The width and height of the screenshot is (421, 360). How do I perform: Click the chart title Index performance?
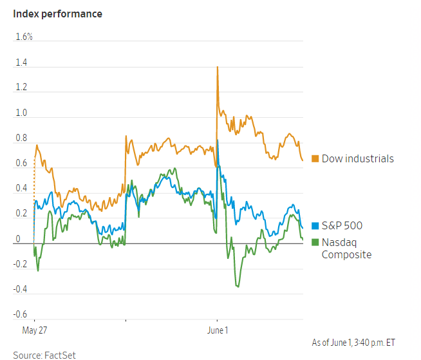[x=57, y=14]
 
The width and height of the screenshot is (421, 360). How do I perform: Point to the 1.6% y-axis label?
[x=24, y=37]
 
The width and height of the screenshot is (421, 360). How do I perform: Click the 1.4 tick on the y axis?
[x=22, y=62]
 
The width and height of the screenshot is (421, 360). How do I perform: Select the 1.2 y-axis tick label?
[x=22, y=88]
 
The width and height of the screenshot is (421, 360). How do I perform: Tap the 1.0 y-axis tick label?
[x=22, y=113]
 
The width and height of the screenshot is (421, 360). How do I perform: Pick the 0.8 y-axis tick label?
[x=22, y=138]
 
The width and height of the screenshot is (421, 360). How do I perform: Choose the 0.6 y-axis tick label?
[x=22, y=163]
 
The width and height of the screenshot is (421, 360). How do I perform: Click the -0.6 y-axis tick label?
[x=21, y=314]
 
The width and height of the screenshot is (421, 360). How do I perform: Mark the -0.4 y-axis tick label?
[x=21, y=289]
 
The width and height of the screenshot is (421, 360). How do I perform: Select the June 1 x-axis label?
[x=217, y=330]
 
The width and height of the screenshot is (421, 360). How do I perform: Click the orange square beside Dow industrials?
[x=315, y=158]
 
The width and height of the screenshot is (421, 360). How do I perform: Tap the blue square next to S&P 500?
[x=315, y=226]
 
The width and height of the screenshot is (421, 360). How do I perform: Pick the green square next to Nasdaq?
[x=315, y=242]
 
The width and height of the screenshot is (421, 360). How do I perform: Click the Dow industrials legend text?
[x=357, y=158]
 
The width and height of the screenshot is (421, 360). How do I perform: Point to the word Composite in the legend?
[x=346, y=254]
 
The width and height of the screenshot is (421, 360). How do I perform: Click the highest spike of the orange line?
[x=218, y=67]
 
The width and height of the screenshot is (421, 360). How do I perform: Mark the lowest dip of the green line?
[x=238, y=287]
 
